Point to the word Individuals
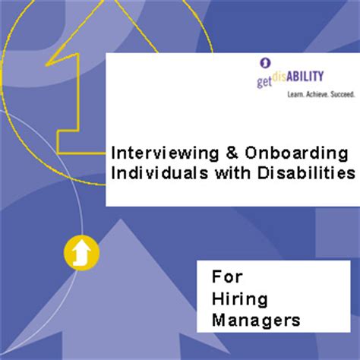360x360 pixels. point(154,173)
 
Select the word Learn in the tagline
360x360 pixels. point(295,96)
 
